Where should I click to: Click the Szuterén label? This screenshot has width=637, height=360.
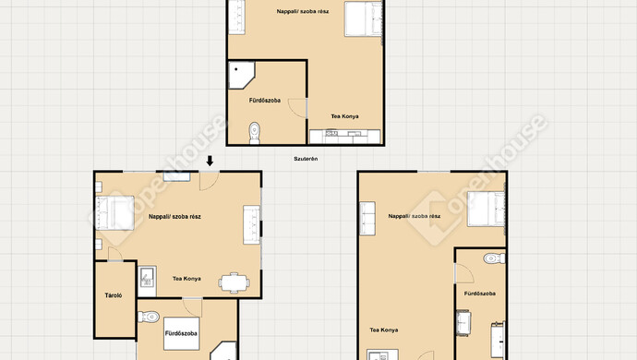pos(306,159)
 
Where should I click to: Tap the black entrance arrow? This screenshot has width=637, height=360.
pos(210,161)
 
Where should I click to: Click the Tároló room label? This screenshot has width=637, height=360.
pos(114,295)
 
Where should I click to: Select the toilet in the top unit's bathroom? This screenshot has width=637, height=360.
pos(255,133)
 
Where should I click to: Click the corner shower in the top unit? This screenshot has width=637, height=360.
pos(241,75)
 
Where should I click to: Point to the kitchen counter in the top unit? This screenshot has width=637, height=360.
pos(345,137)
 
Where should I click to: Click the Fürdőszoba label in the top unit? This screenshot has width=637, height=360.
pos(265,101)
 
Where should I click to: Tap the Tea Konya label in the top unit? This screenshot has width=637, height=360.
pos(345,116)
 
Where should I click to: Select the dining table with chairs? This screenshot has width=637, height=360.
pos(234,282)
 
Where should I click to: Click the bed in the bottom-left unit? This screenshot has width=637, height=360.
pos(114,213)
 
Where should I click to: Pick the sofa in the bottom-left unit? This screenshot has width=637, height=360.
pos(251,224)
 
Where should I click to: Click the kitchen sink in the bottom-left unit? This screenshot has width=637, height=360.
pos(147,277)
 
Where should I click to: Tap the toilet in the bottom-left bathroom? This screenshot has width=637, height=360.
pos(149,317)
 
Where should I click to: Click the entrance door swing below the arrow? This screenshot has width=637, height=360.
pos(209,181)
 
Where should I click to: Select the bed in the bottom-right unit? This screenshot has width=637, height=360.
pos(486,210)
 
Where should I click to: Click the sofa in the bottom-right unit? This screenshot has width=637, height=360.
pos(367,218)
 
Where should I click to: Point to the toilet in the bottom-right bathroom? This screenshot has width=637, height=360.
pos(495,258)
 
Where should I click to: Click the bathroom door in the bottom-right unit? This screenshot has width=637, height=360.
pos(464,273)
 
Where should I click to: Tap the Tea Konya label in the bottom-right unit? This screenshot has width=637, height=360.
pos(384,330)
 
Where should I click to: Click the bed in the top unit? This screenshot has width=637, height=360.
pos(363,19)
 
